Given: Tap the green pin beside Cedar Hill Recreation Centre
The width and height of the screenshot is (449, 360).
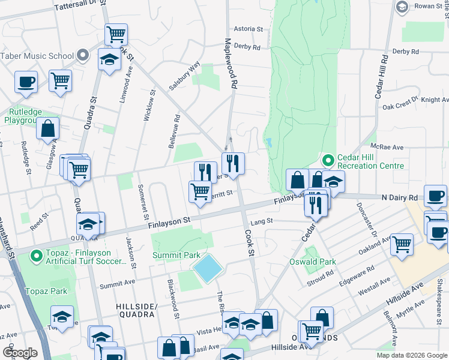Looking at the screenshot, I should tap(328, 160).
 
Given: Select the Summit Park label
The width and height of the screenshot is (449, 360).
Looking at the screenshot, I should tap(176, 255).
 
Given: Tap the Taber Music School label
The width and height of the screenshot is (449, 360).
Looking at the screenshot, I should tap(37, 56).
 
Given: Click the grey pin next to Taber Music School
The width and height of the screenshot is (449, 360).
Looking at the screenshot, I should tap(85, 56).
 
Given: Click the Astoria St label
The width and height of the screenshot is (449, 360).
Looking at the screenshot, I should tap(248, 28).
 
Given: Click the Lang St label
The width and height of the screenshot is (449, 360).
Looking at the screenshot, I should tap(262, 221).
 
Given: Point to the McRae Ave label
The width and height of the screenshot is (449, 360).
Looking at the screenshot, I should tap(387, 146).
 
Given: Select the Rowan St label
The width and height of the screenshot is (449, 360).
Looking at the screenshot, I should tap(429, 7).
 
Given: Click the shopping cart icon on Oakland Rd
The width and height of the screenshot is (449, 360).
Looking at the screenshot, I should tap(402, 244).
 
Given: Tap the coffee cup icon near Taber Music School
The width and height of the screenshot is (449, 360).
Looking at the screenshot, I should tap(26, 81).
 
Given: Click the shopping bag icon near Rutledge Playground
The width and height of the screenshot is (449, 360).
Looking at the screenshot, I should tap(47, 128).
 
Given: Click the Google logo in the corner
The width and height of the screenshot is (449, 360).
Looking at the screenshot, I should tap(20, 353).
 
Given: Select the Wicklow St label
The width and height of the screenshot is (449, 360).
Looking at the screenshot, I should tap(148, 105).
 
